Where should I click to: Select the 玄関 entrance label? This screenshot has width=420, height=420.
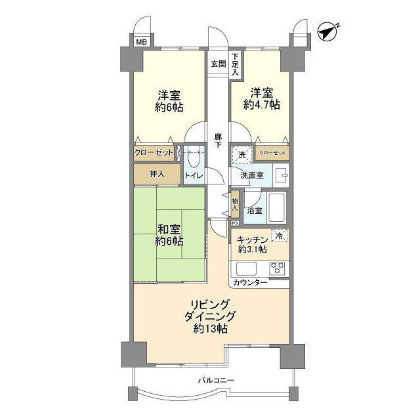[x=218, y=64]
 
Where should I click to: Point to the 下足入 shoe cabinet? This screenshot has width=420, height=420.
[x=234, y=66]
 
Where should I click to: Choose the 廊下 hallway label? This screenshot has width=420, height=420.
[x=218, y=140]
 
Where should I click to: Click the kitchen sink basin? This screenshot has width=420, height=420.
[x=246, y=268]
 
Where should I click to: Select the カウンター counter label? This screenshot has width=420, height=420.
[x=250, y=283]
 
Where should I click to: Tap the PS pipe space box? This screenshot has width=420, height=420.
[x=234, y=223]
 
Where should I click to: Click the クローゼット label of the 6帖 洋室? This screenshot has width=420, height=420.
[x=154, y=152]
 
